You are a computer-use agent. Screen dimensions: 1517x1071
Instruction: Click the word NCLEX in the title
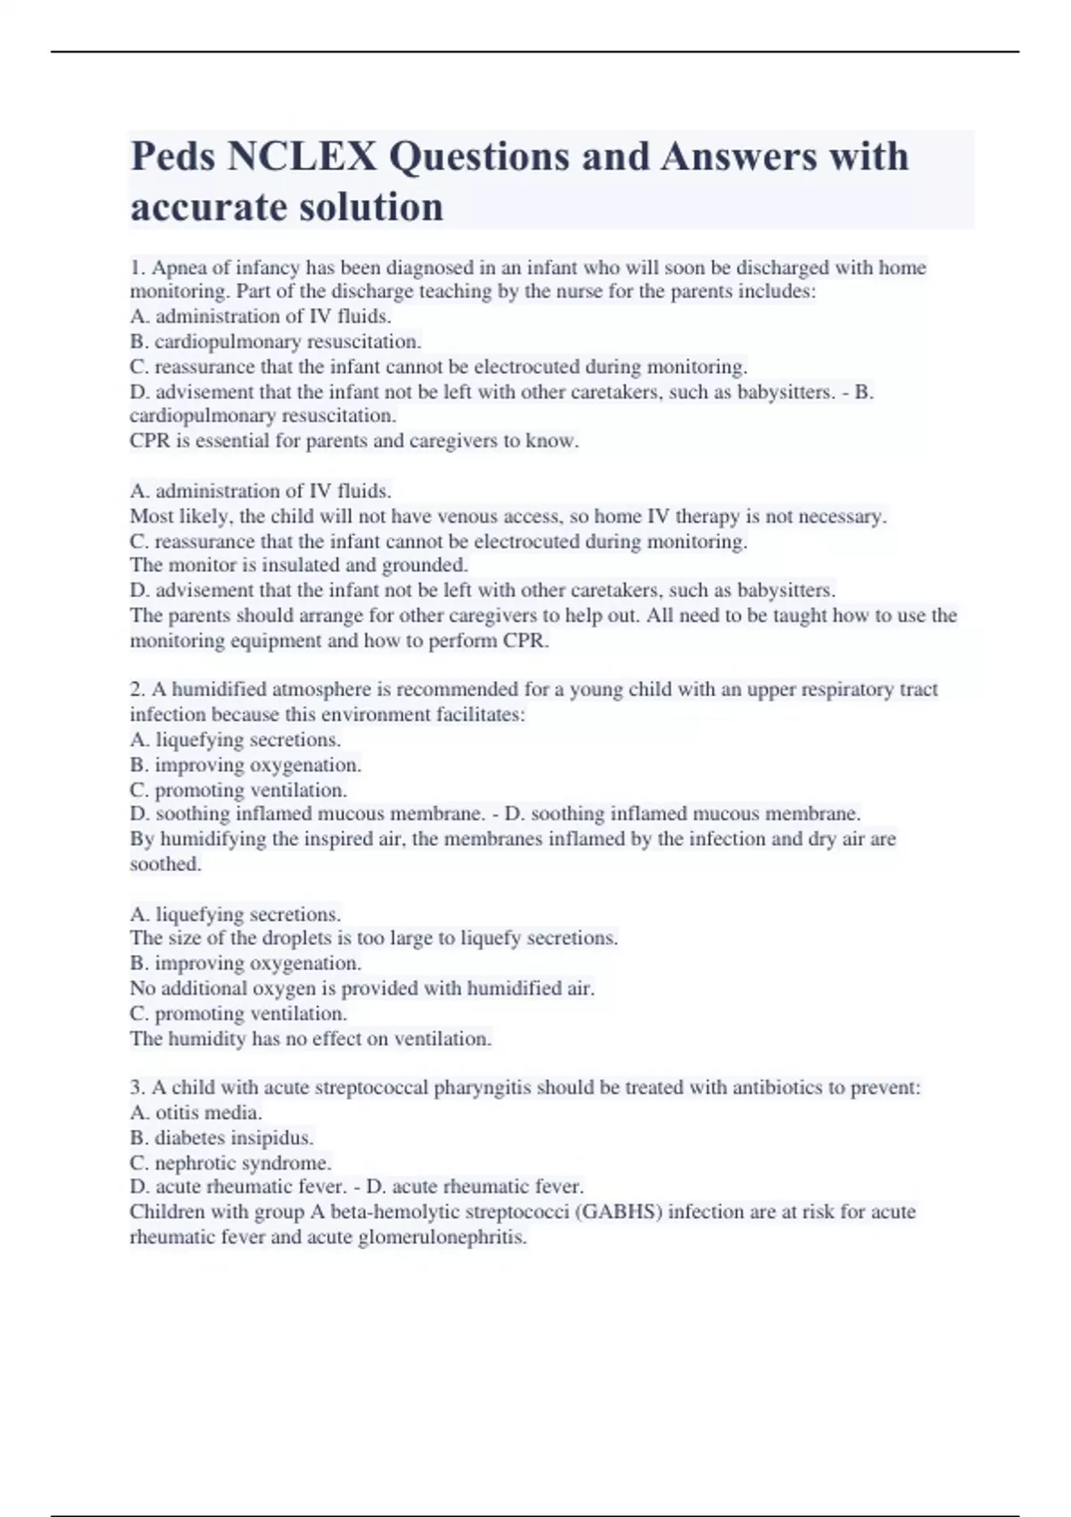click(302, 157)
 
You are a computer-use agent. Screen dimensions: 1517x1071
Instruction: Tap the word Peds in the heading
click(174, 157)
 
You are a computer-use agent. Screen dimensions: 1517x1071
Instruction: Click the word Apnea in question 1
click(178, 268)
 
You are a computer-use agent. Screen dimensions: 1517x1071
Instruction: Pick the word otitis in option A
click(178, 1113)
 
